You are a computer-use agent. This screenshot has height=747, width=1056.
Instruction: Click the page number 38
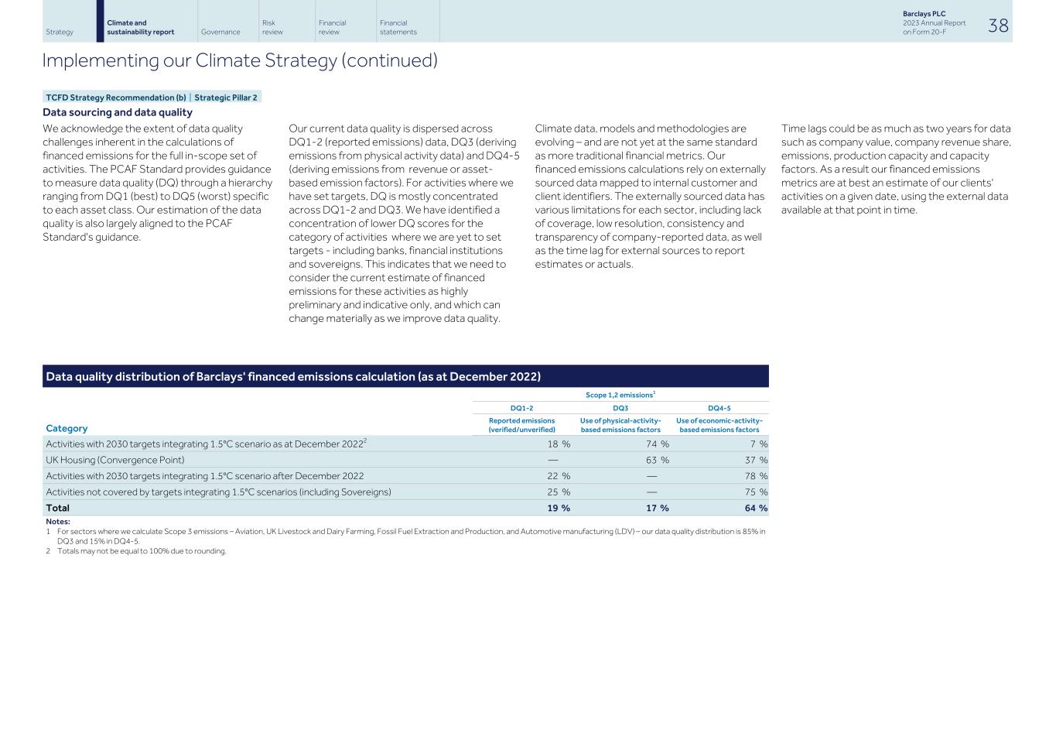point(998,26)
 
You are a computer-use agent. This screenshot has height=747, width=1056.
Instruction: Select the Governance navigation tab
point(220,33)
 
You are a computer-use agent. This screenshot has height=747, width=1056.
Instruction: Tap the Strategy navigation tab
point(60,33)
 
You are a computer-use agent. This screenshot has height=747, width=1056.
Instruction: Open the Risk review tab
point(272,28)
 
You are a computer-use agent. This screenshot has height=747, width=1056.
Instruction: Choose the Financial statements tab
point(398,28)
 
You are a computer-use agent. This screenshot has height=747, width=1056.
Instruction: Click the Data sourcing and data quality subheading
point(118,112)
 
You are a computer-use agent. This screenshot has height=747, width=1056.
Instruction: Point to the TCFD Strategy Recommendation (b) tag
point(110,98)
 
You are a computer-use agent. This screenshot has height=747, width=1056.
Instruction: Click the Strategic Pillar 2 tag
point(226,98)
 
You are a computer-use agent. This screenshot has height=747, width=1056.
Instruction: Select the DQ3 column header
point(620,409)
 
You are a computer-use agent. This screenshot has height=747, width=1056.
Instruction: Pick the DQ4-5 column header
point(719,409)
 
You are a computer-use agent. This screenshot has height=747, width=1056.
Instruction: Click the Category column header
point(67,428)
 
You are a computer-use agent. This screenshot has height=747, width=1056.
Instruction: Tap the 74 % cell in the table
point(658,444)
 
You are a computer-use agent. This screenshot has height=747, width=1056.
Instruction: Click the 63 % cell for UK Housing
point(658,460)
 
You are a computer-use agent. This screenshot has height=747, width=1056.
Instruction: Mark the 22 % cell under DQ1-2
point(559,476)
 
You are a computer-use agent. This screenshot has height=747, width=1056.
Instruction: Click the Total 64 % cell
point(756,508)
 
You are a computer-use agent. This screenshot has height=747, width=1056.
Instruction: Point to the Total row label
point(58,508)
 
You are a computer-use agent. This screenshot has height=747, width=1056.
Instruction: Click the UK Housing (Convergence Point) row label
point(115,460)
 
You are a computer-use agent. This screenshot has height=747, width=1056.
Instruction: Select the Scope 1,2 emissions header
point(620,395)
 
